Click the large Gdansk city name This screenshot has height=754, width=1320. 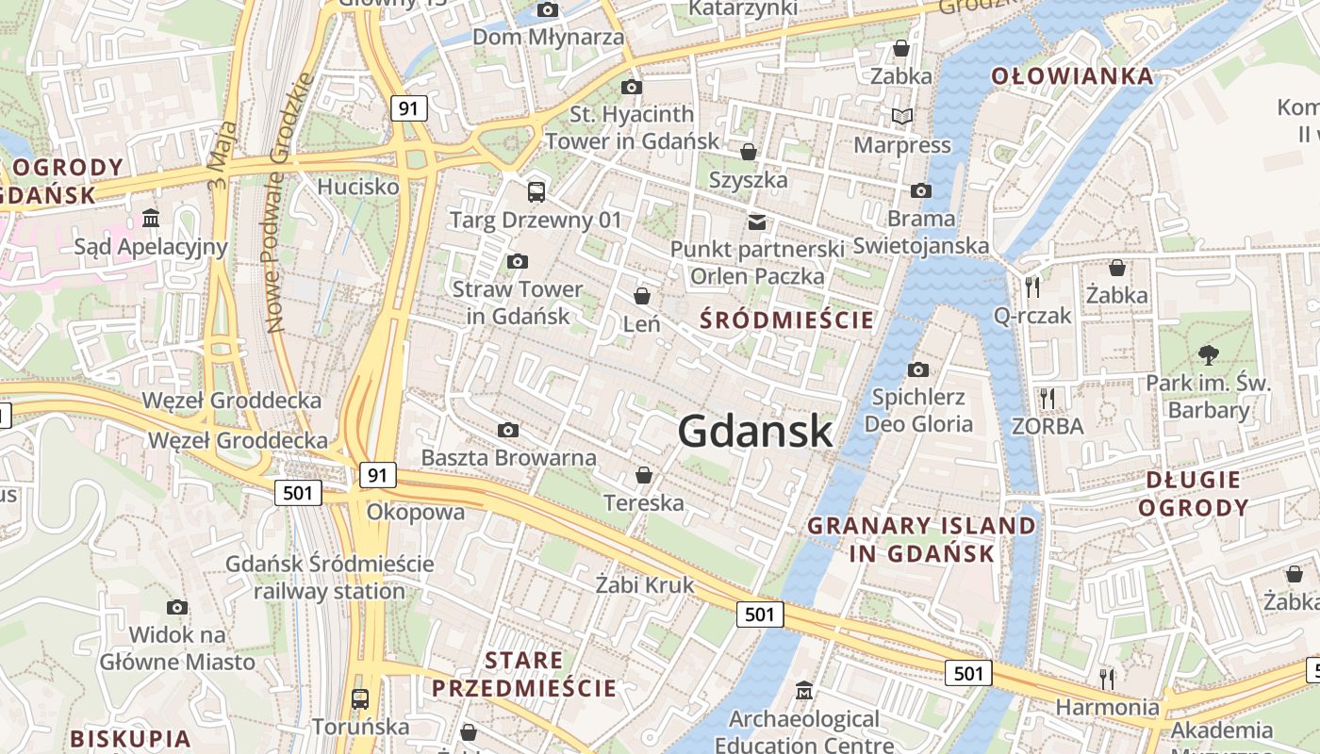[x=754, y=432]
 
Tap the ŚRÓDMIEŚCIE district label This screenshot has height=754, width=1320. [x=787, y=320]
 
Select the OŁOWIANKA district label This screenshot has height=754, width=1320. [x=1072, y=76]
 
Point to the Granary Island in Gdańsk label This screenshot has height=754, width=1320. [x=921, y=539]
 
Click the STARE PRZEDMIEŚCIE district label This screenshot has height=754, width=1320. [x=524, y=674]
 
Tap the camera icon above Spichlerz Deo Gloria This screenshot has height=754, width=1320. [x=918, y=369]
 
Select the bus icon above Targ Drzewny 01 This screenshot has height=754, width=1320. [x=536, y=192]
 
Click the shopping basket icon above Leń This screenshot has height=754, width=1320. [x=642, y=296]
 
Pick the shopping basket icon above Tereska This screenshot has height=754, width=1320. [x=644, y=475]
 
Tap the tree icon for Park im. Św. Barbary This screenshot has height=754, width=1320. [x=1208, y=355]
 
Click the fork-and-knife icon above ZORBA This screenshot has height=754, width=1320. [x=1046, y=398]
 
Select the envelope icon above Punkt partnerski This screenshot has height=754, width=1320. [x=756, y=221]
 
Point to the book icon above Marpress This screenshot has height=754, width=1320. [x=902, y=117]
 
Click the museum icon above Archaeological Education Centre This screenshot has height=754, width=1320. [x=803, y=691]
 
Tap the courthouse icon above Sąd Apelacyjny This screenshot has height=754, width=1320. [x=151, y=219]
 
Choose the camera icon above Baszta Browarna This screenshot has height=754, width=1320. [x=508, y=431]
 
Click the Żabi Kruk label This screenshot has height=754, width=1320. [x=645, y=585]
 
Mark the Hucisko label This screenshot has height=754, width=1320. [x=358, y=187]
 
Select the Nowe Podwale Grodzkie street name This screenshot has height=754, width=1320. [x=289, y=203]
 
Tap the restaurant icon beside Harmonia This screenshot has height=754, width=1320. [x=1107, y=677]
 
